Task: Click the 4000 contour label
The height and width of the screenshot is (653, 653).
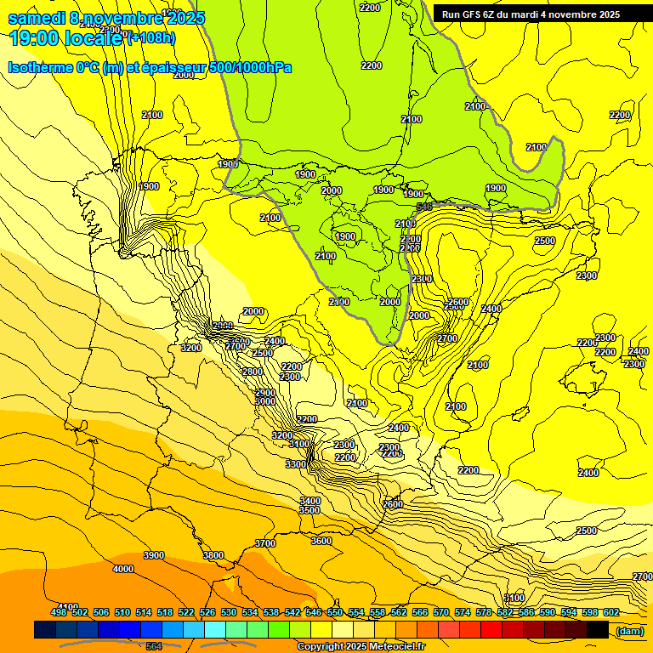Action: point(123,569)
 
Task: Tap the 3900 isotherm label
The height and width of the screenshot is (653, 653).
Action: point(154,555)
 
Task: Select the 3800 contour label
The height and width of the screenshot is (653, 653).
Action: point(213,555)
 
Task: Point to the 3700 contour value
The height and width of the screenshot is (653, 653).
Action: point(265,543)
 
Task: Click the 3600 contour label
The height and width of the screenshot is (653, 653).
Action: point(321,541)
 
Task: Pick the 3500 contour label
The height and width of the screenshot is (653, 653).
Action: point(309,510)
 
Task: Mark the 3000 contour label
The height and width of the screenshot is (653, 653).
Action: point(265,401)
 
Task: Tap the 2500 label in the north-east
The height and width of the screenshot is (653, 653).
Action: point(544,241)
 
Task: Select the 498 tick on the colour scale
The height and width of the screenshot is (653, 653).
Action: point(59,612)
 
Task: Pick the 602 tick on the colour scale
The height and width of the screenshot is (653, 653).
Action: point(610,612)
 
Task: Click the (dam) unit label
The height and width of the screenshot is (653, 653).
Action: point(629,630)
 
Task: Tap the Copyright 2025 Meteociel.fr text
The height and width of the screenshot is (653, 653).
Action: point(361,647)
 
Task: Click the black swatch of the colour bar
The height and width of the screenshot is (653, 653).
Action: point(598,629)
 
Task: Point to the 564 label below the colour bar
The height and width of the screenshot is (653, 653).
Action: point(153,646)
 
